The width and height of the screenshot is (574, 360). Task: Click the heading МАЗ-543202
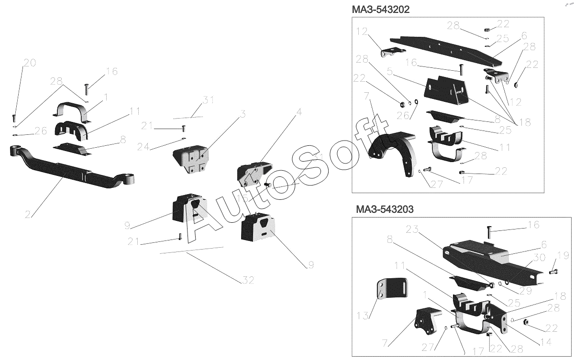pyautogui.click(x=380, y=10)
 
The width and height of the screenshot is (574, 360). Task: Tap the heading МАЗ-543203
pyautogui.click(x=385, y=209)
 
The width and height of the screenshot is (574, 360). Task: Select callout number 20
pyautogui.click(x=30, y=63)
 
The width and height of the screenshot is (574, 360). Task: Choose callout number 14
pyautogui.click(x=545, y=342)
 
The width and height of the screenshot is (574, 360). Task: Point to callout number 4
pyautogui.click(x=299, y=113)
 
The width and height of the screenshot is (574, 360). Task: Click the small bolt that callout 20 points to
pyautogui.click(x=14, y=117)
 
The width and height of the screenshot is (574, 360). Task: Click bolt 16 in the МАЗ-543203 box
pyautogui.click(x=488, y=233)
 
